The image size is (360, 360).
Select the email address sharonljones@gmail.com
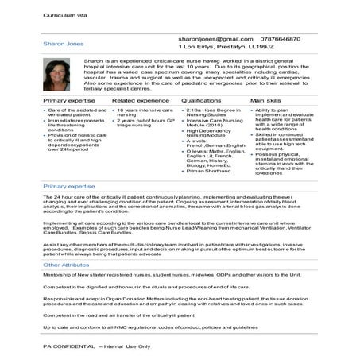click(209, 38)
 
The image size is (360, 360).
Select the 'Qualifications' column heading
click(201, 101)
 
